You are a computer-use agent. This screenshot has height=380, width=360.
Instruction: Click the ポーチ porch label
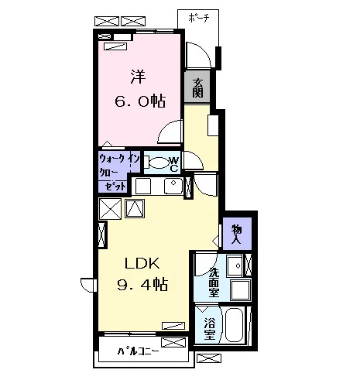pyautogui.click(x=198, y=19)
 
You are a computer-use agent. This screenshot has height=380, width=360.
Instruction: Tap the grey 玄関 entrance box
pyautogui.click(x=197, y=87)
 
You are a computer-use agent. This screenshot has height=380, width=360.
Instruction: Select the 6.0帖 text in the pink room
pyautogui.click(x=140, y=101)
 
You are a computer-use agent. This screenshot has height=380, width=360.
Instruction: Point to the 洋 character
pyautogui.click(x=138, y=77)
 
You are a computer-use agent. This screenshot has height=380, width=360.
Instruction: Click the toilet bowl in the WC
pyautogui.click(x=157, y=163)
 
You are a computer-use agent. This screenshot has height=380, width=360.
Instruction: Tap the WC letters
pyautogui.click(x=174, y=165)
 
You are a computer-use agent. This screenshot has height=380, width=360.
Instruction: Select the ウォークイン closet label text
pyautogui.click(x=119, y=159)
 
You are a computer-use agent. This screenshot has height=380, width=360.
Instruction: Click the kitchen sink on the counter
pyautogui.click(x=173, y=186)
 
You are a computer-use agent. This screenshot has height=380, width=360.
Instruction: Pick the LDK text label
pyautogui.click(x=142, y=264)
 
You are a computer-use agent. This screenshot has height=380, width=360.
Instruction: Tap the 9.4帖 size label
pyautogui.click(x=142, y=285)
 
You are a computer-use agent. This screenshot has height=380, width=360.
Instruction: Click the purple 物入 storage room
pyautogui.click(x=237, y=234)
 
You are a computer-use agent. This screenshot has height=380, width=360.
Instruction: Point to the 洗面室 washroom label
pyautogui.click(x=214, y=282)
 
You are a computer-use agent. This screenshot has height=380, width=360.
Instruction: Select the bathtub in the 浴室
pyautogui.click(x=234, y=325)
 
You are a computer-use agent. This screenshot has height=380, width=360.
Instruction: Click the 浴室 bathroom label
pyautogui.click(x=210, y=328)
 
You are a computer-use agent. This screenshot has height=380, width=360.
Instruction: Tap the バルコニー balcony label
pyautogui.click(x=138, y=351)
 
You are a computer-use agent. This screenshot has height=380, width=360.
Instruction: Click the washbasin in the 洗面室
pyautogui.click(x=235, y=265)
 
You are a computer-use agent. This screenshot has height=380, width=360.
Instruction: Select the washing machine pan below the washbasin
pyautogui.click(x=241, y=289)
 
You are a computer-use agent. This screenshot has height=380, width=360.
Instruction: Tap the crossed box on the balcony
pyautogui.click(x=173, y=342)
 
